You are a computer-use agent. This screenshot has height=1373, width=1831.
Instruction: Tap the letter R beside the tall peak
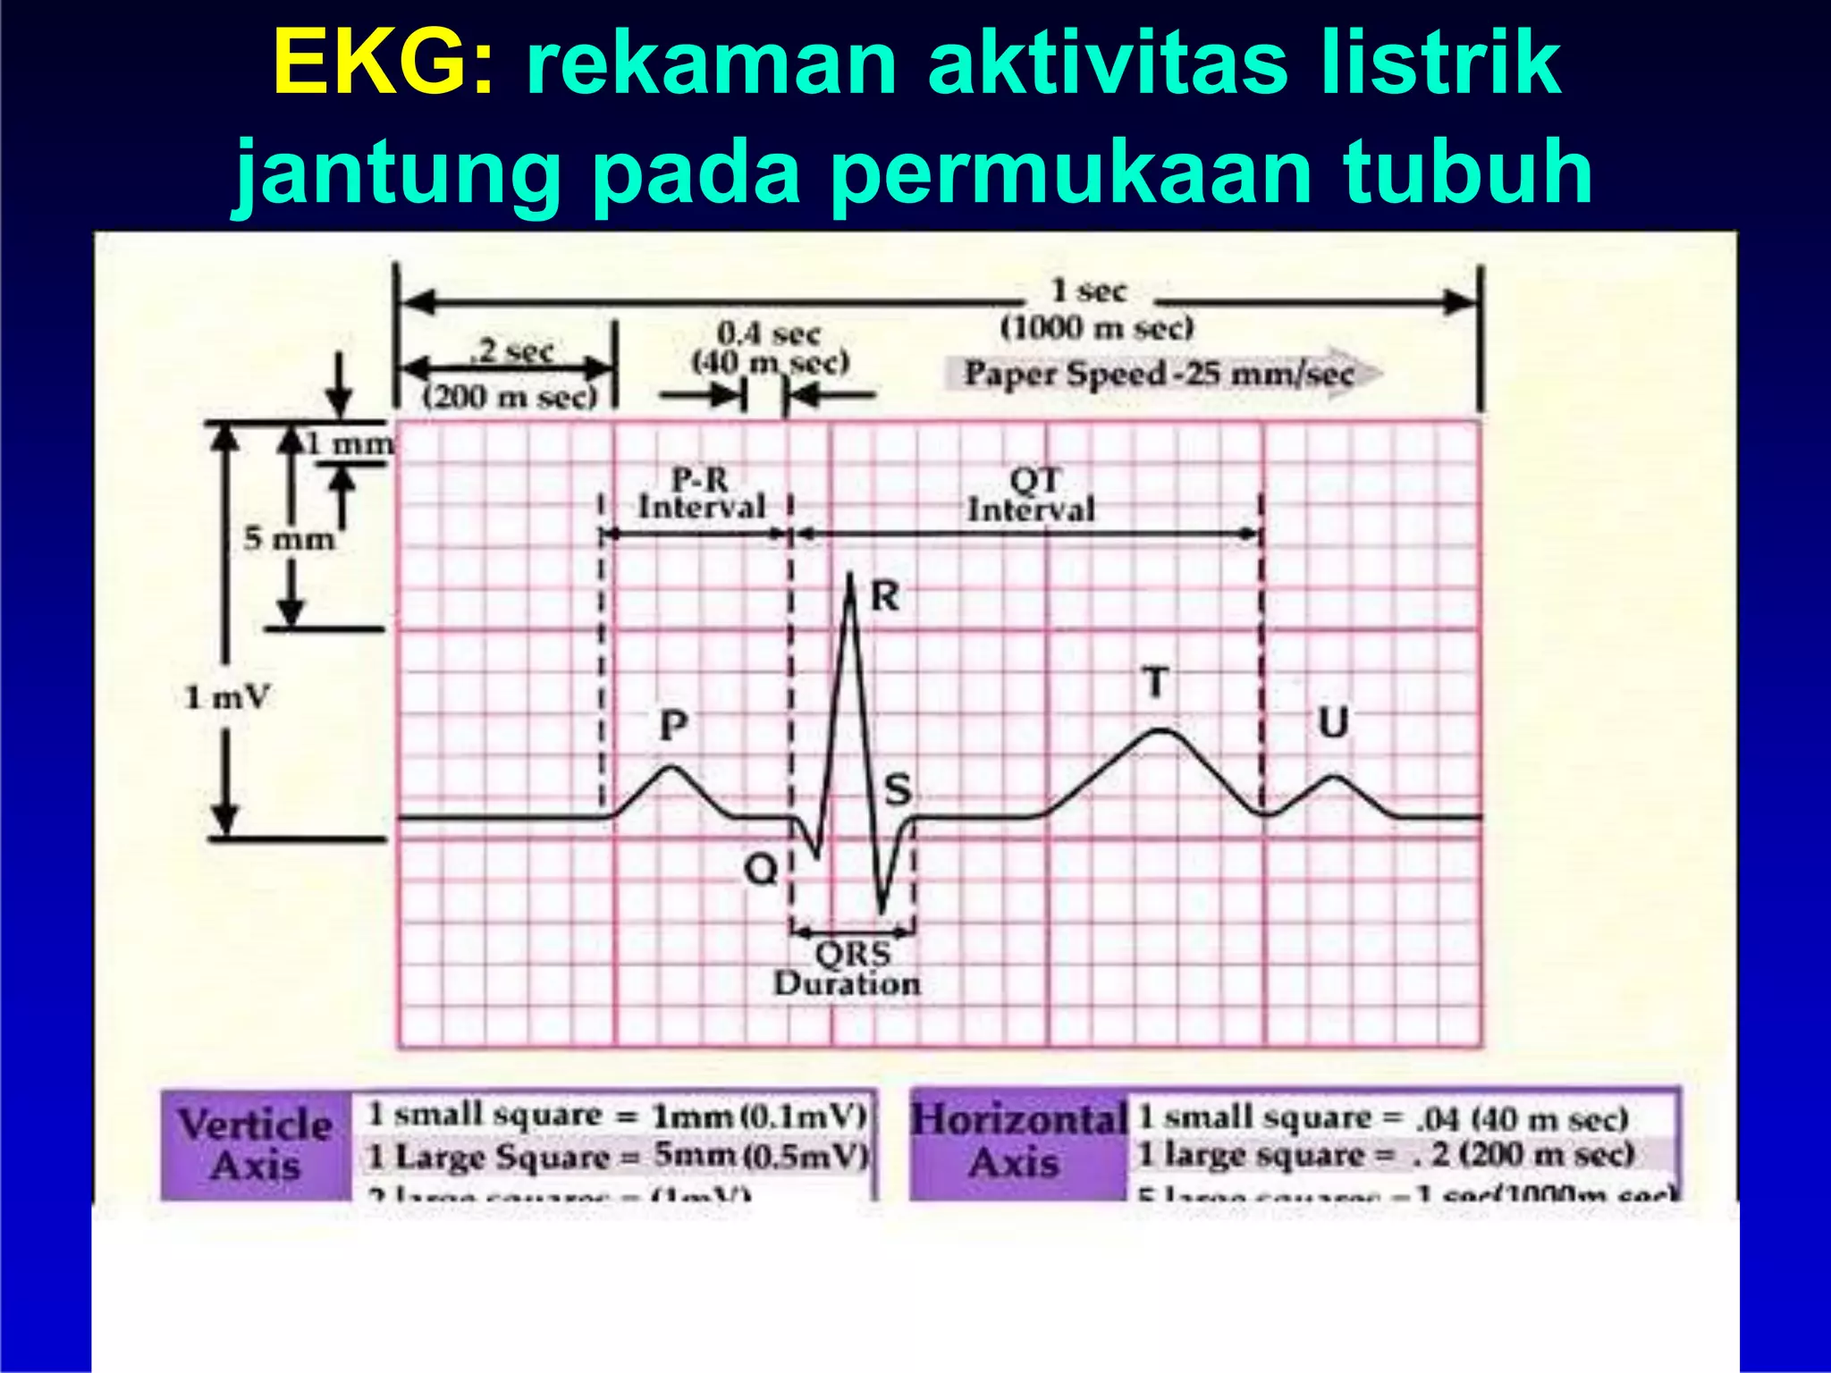click(884, 596)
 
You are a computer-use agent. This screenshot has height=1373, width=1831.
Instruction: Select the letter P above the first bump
click(673, 725)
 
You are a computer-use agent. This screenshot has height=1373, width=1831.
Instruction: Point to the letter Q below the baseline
click(761, 868)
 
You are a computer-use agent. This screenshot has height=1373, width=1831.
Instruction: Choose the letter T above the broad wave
click(1156, 683)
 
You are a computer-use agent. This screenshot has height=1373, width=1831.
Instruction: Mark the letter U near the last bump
click(1333, 722)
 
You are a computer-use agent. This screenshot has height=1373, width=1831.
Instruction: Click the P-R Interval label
click(701, 493)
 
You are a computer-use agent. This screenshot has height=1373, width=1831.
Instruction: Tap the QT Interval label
click(1032, 495)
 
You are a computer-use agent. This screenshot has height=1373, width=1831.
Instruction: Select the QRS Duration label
click(848, 969)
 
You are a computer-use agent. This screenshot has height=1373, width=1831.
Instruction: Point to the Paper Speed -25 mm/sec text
click(1159, 374)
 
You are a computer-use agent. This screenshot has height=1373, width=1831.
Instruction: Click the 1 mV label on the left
click(226, 697)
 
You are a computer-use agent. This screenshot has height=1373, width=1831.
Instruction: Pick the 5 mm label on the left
click(289, 539)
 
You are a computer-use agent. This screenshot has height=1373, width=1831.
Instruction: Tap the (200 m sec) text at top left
click(510, 396)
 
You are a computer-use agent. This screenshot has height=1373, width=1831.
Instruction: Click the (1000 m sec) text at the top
click(1096, 328)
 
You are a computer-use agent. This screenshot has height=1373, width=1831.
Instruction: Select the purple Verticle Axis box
click(256, 1145)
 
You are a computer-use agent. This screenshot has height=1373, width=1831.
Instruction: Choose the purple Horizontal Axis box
click(1018, 1141)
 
